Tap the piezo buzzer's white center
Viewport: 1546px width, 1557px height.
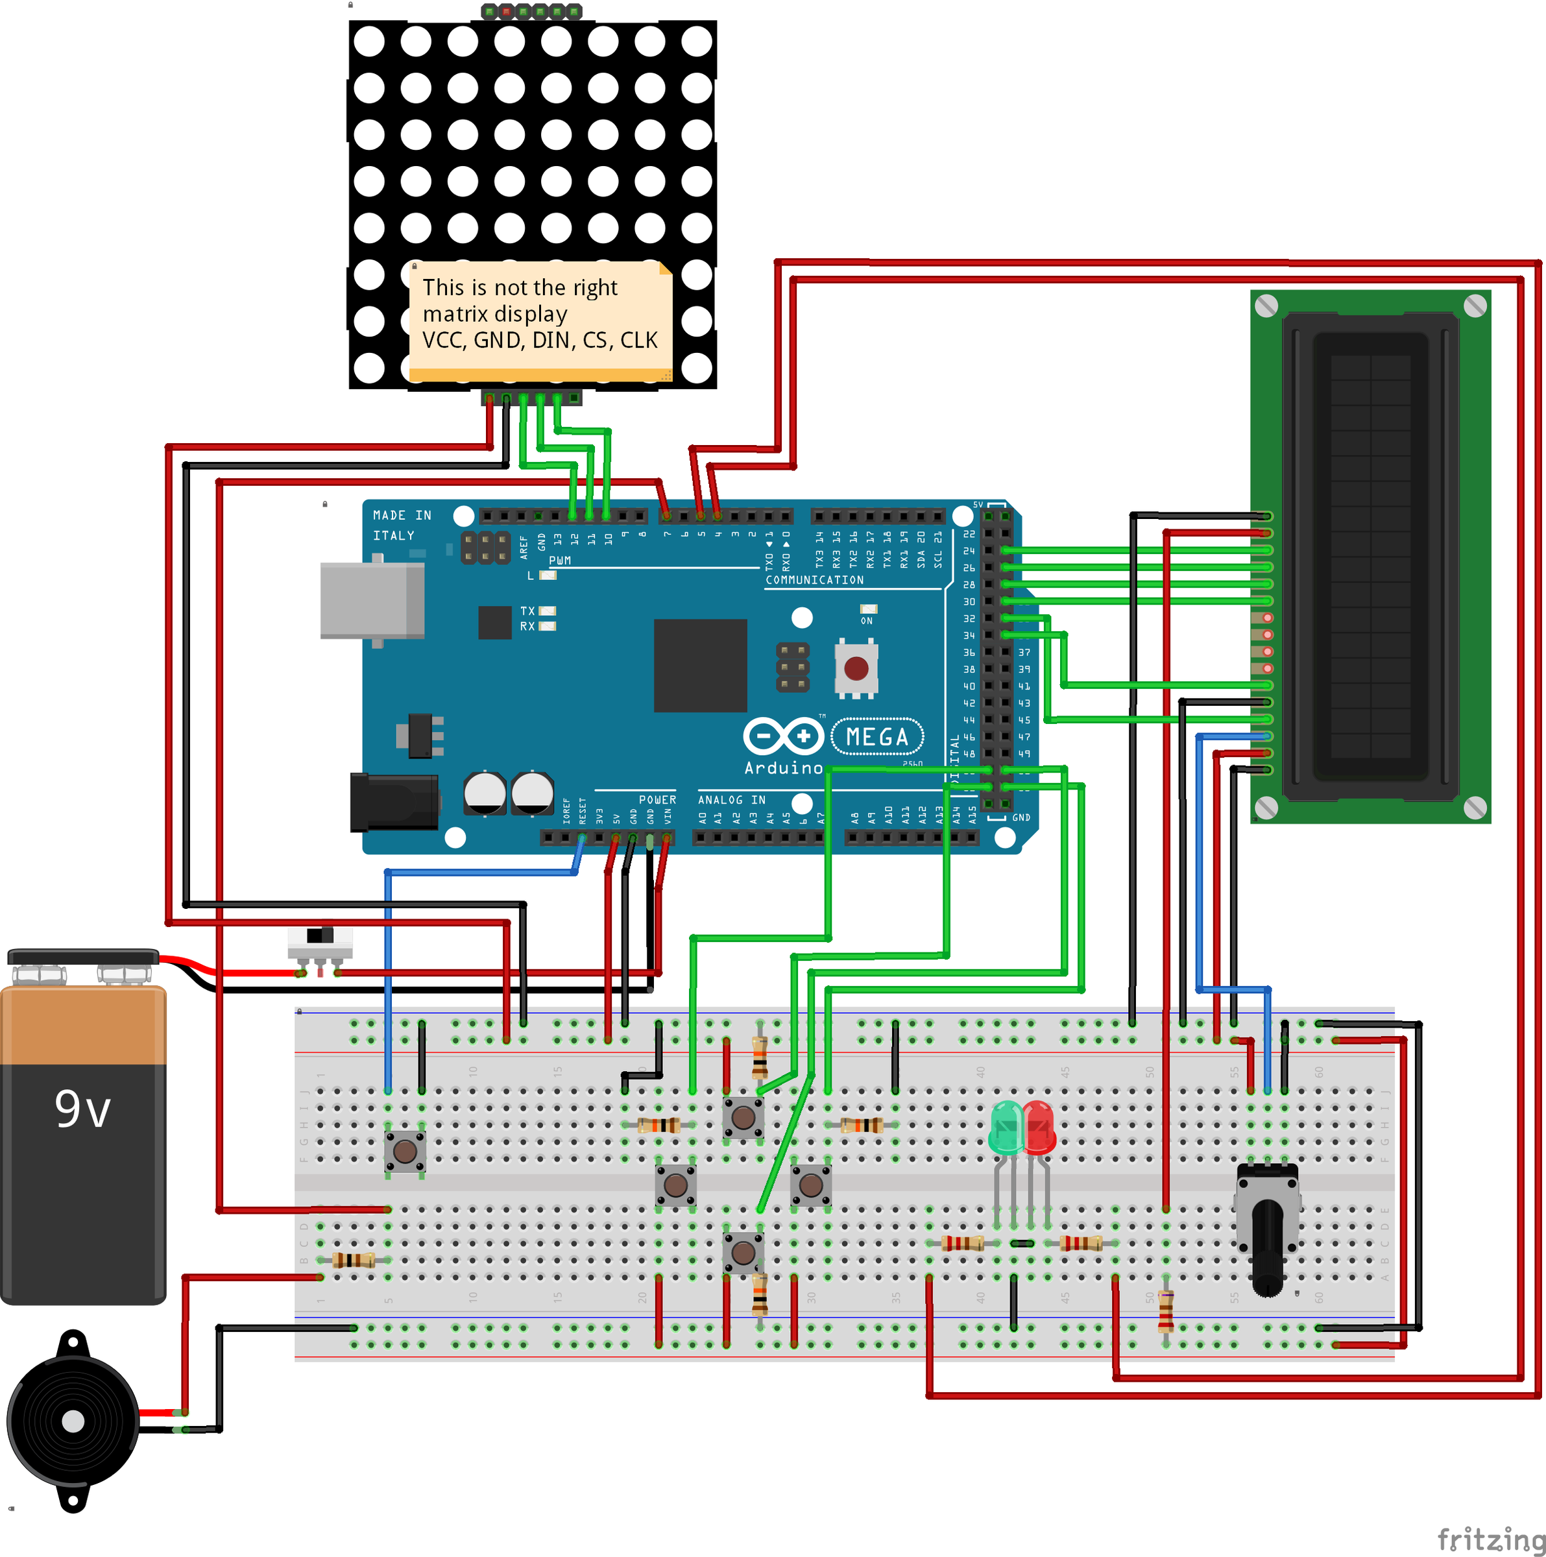tap(73, 1421)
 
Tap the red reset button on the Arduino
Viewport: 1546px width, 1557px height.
tap(855, 668)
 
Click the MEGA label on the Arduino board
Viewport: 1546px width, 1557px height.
tap(877, 736)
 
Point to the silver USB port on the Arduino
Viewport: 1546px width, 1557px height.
tap(372, 600)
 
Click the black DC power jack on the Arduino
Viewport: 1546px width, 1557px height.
tap(393, 802)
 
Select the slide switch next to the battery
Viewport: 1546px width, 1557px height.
tap(320, 942)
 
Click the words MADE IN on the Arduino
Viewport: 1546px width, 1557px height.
tap(402, 515)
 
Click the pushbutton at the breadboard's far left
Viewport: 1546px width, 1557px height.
tap(405, 1151)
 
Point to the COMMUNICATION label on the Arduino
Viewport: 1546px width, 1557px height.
tap(814, 579)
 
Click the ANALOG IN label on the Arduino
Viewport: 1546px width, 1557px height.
tap(731, 799)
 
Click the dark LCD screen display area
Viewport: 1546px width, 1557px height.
tap(1370, 556)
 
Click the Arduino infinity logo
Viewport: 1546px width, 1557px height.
tap(782, 736)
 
